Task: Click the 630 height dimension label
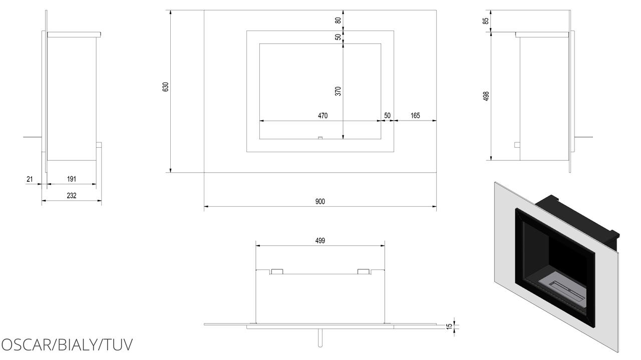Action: (x=165, y=87)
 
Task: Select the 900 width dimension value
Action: (x=320, y=201)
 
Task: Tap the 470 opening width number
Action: (x=323, y=116)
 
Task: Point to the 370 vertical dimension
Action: (x=338, y=91)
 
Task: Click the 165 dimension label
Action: (x=415, y=116)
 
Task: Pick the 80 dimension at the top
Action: (x=338, y=21)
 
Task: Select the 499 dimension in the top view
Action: (x=320, y=241)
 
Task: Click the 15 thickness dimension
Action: (x=449, y=326)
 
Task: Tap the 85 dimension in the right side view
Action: (x=486, y=21)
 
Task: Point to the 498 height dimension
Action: (x=486, y=96)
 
